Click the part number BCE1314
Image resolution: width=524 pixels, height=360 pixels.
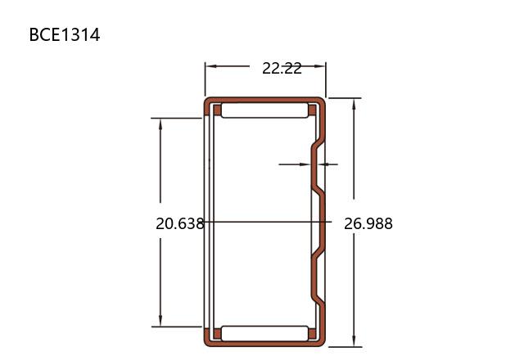[x=65, y=35]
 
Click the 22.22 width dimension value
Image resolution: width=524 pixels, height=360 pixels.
[x=282, y=69]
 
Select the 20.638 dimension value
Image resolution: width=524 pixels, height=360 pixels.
[x=180, y=223]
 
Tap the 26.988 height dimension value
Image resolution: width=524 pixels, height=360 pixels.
[x=368, y=223]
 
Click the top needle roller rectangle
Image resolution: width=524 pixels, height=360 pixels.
[x=264, y=110]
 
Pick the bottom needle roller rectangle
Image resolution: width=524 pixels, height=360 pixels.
[x=264, y=334]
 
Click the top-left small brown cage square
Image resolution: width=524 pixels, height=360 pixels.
[x=217, y=110]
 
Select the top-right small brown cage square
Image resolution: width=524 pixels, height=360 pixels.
[x=312, y=110]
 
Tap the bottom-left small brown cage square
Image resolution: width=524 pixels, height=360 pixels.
[x=217, y=334]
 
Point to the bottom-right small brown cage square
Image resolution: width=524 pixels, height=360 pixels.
[x=312, y=334]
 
